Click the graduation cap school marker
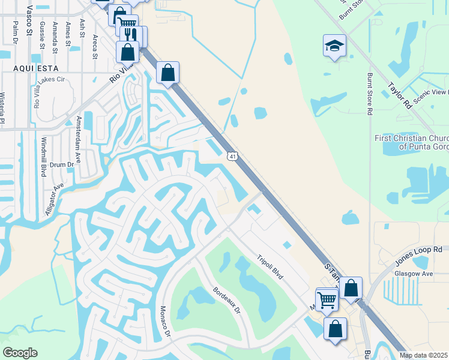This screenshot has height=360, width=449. [334, 46]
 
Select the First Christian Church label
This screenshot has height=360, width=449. [411, 142]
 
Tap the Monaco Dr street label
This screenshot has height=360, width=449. [164, 322]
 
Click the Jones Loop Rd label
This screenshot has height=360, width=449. [418, 256]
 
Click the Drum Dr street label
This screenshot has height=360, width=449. [61, 164]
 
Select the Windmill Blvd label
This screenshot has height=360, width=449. [44, 158]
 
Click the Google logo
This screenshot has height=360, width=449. [20, 353]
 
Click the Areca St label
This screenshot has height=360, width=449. [95, 46]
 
